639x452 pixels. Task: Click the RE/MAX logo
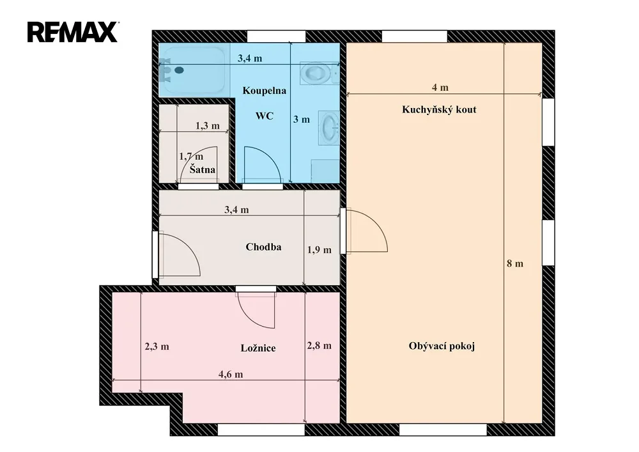73,32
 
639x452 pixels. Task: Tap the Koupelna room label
264,91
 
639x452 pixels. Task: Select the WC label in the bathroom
264,116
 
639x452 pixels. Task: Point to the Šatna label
202,169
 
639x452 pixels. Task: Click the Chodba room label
263,247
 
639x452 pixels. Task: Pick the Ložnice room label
258,348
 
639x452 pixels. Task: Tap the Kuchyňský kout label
439,109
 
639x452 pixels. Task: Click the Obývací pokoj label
442,346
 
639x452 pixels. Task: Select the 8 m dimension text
514,263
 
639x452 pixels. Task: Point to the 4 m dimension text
440,87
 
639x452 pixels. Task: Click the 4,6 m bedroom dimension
231,374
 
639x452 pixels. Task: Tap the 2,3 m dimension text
157,347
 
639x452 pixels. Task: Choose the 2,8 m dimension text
319,346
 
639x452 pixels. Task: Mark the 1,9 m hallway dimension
319,250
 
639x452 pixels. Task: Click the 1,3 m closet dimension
208,125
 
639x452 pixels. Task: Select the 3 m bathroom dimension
302,120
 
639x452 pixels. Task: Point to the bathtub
192,70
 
